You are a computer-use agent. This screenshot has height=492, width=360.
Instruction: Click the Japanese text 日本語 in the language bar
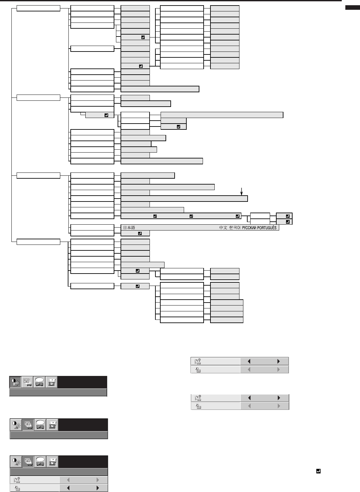(129, 228)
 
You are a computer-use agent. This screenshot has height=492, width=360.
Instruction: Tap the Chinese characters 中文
(223, 228)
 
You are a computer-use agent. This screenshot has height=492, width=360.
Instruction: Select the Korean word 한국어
(235, 228)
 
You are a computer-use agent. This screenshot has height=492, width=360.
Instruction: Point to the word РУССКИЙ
(249, 228)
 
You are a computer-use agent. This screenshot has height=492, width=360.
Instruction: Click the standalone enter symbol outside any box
(318, 471)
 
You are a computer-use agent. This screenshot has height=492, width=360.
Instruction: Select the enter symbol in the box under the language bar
(140, 233)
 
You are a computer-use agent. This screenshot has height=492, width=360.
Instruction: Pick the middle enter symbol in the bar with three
(191, 216)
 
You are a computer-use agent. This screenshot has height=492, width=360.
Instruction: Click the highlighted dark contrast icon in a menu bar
(15, 382)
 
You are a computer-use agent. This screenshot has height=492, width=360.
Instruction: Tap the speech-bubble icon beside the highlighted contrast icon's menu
(40, 382)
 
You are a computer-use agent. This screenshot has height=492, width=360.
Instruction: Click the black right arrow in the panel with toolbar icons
(97, 488)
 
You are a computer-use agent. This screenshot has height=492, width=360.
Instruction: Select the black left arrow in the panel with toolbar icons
(68, 488)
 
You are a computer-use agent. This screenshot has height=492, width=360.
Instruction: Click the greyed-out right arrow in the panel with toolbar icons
(97, 480)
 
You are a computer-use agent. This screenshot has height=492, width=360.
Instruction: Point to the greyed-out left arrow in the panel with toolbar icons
(68, 480)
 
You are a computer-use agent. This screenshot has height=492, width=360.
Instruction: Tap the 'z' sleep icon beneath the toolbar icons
(16, 488)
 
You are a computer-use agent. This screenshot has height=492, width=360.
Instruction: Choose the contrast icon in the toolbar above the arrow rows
(16, 462)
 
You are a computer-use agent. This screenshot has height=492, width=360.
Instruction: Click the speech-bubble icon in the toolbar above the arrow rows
(40, 462)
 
